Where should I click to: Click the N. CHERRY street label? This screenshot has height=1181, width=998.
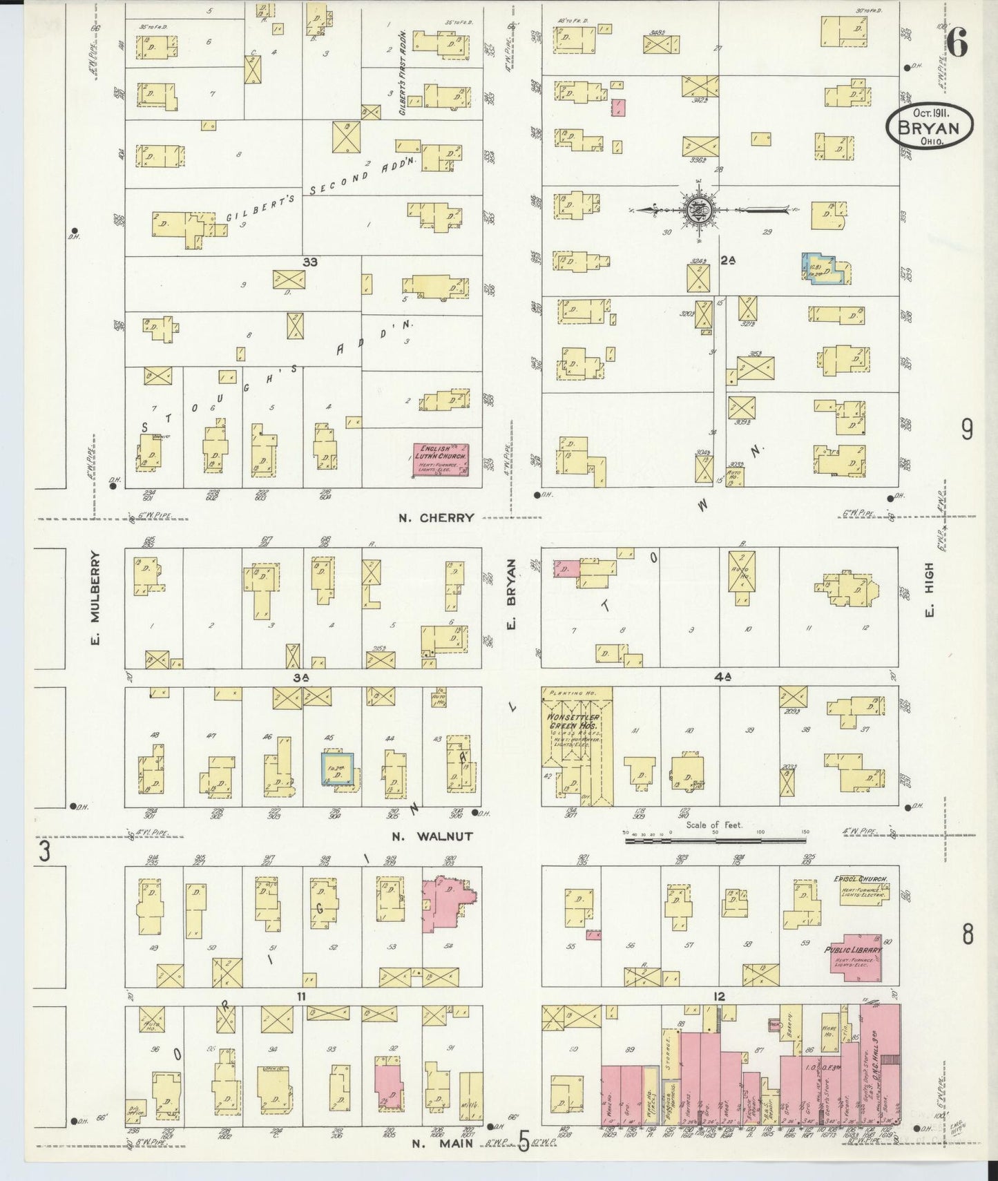point(436,517)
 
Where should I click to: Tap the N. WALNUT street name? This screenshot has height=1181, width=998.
point(432,836)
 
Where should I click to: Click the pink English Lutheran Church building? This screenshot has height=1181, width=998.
point(441,459)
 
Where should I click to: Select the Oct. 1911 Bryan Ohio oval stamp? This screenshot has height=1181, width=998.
point(930,126)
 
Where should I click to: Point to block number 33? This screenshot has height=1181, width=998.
point(310,262)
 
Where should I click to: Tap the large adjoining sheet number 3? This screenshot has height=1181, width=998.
point(44,853)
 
